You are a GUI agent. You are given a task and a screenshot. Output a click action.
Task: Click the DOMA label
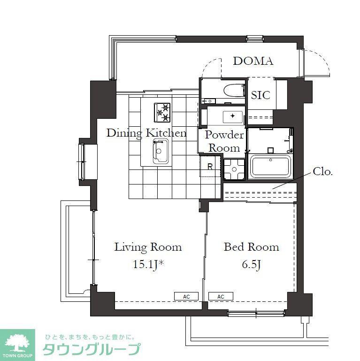tap(253, 61)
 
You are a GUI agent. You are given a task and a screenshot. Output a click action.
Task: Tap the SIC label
tap(260, 95)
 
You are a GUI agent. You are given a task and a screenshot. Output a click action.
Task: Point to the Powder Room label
tap(224, 141)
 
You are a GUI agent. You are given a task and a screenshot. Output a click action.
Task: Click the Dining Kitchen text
tap(146, 133)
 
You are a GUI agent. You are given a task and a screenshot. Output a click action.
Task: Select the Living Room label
tap(148, 247)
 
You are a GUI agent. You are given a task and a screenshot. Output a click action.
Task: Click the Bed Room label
tap(252, 247)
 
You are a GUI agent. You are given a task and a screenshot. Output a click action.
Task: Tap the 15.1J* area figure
tap(148, 264)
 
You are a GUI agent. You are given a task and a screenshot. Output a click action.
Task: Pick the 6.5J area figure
tap(251, 264)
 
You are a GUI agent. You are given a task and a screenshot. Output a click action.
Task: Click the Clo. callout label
tap(323, 171)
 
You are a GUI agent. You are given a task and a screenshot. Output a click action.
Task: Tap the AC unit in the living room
tap(186, 296)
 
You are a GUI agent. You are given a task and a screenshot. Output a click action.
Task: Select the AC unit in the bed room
tap(221, 296)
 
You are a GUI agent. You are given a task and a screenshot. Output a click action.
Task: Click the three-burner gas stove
tap(162, 112)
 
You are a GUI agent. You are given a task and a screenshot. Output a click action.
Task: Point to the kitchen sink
tap(161, 151)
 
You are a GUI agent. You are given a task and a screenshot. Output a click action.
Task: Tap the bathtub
tap(270, 167)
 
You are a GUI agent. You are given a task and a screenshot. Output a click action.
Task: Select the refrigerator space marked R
tap(210, 166)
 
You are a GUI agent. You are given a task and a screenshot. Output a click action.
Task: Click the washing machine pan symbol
tap(234, 169)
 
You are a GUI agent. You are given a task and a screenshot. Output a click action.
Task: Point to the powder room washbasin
tap(233, 117)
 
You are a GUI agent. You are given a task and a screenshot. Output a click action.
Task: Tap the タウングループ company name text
tap(92, 349)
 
